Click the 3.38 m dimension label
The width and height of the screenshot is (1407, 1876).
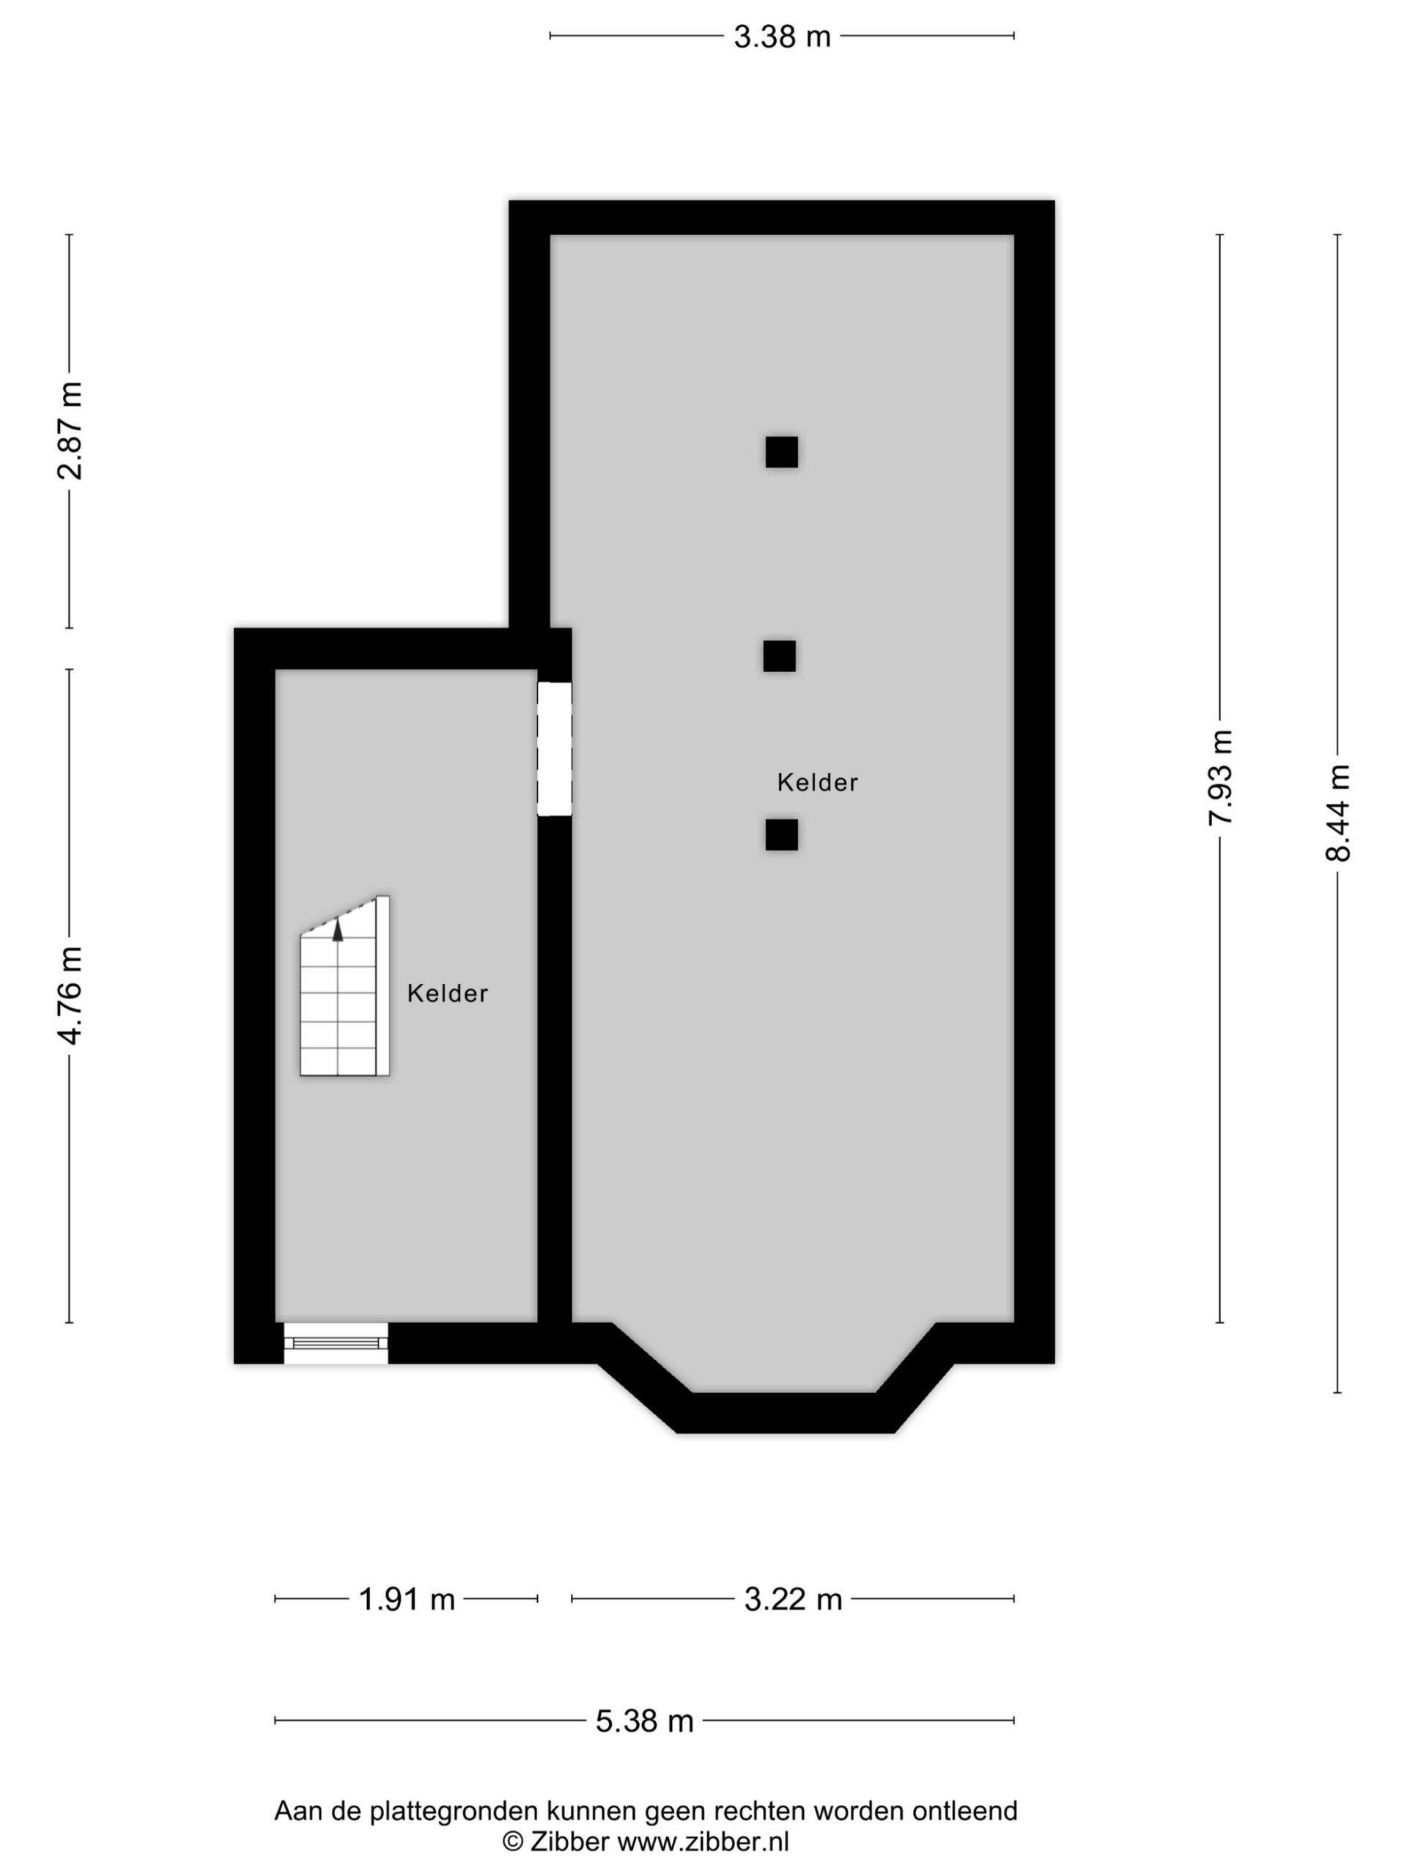(781, 37)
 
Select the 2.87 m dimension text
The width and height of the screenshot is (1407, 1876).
(70, 431)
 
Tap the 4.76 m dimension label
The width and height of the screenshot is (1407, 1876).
(70, 996)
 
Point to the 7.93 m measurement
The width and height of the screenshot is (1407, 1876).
(1220, 777)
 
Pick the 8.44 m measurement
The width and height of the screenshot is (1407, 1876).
(1337, 813)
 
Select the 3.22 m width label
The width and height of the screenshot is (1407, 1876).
(793, 1600)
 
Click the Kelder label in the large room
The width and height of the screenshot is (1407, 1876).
(818, 782)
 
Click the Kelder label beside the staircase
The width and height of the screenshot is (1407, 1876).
(447, 993)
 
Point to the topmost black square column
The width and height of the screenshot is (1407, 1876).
(781, 452)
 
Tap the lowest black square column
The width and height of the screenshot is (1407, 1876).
(781, 835)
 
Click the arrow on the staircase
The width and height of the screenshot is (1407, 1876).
(338, 929)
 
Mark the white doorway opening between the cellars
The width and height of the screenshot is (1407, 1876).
(554, 749)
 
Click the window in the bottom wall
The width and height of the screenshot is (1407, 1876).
(336, 1343)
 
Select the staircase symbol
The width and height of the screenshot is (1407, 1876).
(344, 986)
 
